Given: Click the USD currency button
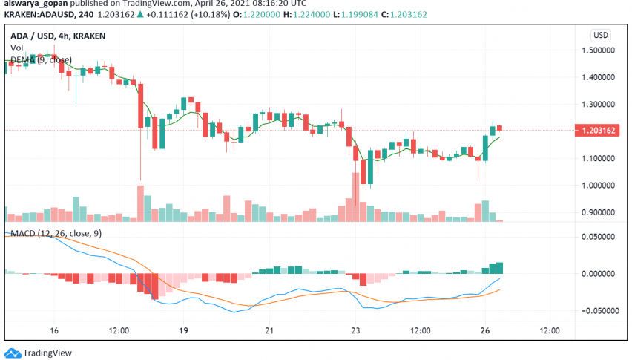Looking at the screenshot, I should point(600,35).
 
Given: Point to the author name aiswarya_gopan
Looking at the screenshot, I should point(31,3).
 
